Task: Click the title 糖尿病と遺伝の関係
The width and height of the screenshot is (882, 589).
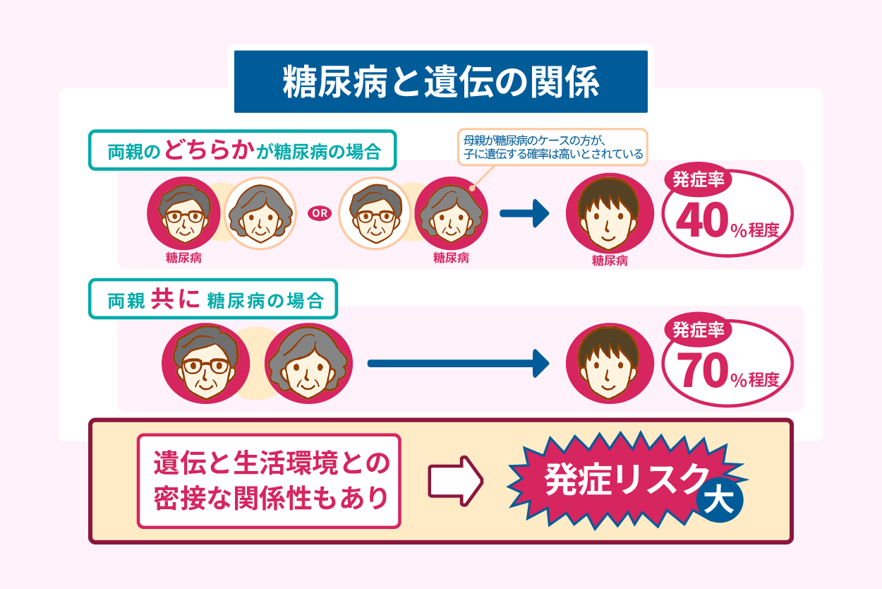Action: point(440,82)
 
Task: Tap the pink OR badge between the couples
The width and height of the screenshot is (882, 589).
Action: point(320,212)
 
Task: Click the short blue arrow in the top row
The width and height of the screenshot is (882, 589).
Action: point(524,213)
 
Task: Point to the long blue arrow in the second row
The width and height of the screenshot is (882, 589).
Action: point(458,364)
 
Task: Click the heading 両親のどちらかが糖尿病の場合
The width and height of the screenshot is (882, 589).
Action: point(243,150)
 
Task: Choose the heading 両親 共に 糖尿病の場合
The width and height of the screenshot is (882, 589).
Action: point(214,299)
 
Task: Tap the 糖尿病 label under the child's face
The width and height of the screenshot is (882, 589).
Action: point(610,261)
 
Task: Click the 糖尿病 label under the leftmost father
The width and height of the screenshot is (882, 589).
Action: point(183,258)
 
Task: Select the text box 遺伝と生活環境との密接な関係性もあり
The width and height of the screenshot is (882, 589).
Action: point(270,481)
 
